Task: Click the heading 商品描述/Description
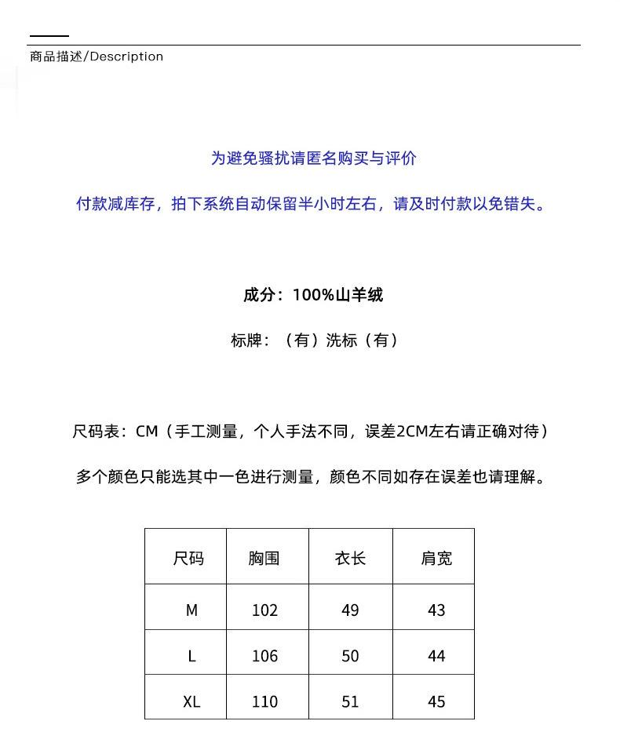pyautogui.click(x=97, y=56)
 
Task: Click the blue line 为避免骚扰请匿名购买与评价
pyautogui.click(x=313, y=158)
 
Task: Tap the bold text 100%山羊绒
pyautogui.click(x=337, y=295)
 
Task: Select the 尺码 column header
pyautogui.click(x=188, y=559)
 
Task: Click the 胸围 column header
pyautogui.click(x=264, y=559)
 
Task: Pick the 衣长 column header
pyautogui.click(x=350, y=559)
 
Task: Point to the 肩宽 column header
pyautogui.click(x=436, y=559)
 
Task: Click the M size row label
pyautogui.click(x=191, y=610)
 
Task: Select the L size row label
pyautogui.click(x=191, y=656)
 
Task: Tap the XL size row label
pyautogui.click(x=191, y=701)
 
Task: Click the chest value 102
pyautogui.click(x=264, y=610)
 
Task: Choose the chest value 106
pyautogui.click(x=264, y=656)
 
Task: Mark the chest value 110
pyautogui.click(x=264, y=701)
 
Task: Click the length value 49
pyautogui.click(x=350, y=610)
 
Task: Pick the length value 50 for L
pyautogui.click(x=350, y=656)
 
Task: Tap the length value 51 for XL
pyautogui.click(x=350, y=701)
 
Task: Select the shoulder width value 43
pyautogui.click(x=436, y=610)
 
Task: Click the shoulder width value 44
pyautogui.click(x=436, y=656)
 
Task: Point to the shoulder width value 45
pyautogui.click(x=436, y=701)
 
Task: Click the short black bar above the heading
pyautogui.click(x=49, y=36)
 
